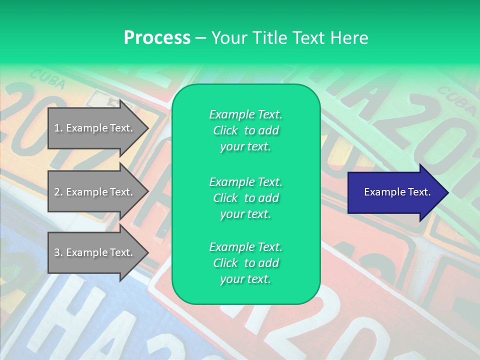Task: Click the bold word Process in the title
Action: click(157, 38)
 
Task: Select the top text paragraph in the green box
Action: click(245, 130)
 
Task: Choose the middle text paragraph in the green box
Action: click(245, 197)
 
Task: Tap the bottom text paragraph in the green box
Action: click(245, 263)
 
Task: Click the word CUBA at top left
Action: click(47, 79)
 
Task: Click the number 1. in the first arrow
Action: click(58, 128)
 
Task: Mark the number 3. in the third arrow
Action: click(58, 252)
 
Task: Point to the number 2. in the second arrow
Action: click(58, 192)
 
